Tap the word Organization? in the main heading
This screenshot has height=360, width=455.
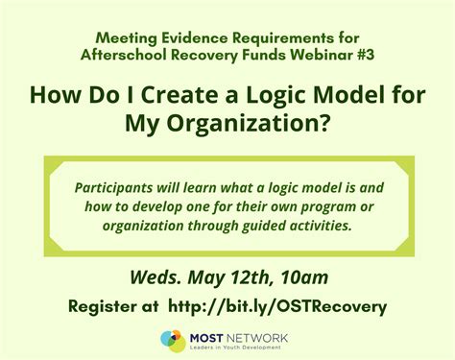click(x=263, y=123)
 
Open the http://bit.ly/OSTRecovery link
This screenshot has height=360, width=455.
click(x=277, y=306)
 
